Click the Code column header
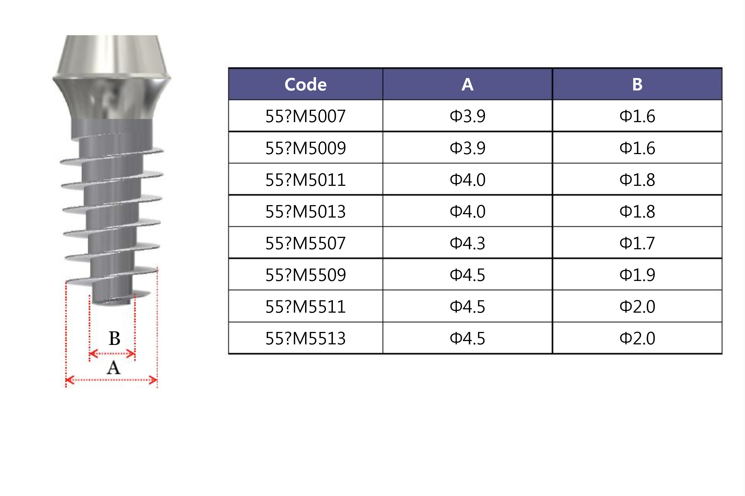305,84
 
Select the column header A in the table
467,84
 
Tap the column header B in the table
637,84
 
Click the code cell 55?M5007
305,116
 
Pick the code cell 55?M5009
305,148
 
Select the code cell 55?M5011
305,180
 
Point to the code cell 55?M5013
305,211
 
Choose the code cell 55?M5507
305,243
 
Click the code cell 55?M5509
305,275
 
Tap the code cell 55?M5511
305,307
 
